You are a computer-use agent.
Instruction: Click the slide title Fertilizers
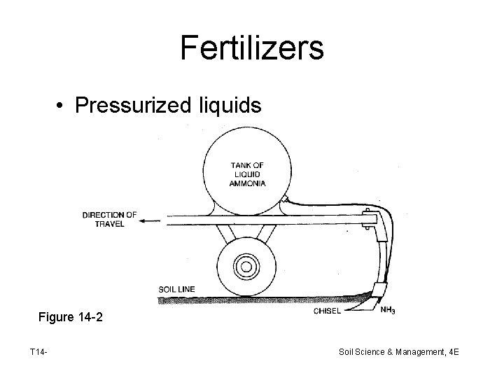pyautogui.click(x=251, y=48)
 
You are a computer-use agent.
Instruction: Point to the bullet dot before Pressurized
pyautogui.click(x=63, y=106)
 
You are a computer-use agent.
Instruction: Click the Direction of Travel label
pyautogui.click(x=109, y=218)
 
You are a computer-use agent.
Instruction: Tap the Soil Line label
pyautogui.click(x=176, y=288)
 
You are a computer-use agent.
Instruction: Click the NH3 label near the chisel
pyautogui.click(x=387, y=309)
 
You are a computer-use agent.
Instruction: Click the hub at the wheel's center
pyautogui.click(x=245, y=266)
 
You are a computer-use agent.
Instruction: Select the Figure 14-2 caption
pyautogui.click(x=71, y=317)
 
